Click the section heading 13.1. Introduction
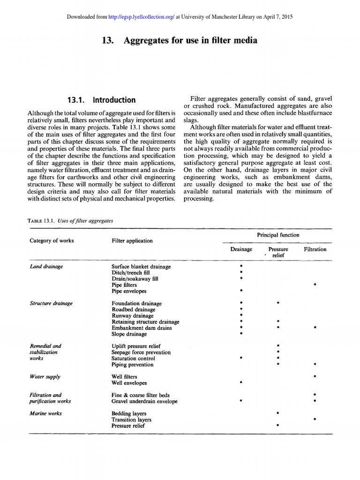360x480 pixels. pyautogui.click(x=101, y=100)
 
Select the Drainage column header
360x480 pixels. pyautogui.click(x=241, y=249)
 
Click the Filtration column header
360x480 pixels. pyautogui.click(x=315, y=249)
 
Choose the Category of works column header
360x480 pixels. pyautogui.click(x=52, y=240)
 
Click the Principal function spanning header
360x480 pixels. pyautogui.click(x=277, y=235)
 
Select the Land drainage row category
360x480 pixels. pyautogui.click(x=46, y=266)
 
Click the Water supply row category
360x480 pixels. pyautogui.click(x=45, y=376)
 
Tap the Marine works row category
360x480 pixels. pyautogui.click(x=45, y=413)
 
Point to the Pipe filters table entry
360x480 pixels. pyautogui.click(x=124, y=285)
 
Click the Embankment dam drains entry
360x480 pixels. pyautogui.click(x=142, y=328)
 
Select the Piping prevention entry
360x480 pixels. pyautogui.click(x=132, y=364)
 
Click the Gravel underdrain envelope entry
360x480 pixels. pyautogui.click(x=144, y=401)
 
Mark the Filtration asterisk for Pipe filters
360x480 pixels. pyautogui.click(x=315, y=285)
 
